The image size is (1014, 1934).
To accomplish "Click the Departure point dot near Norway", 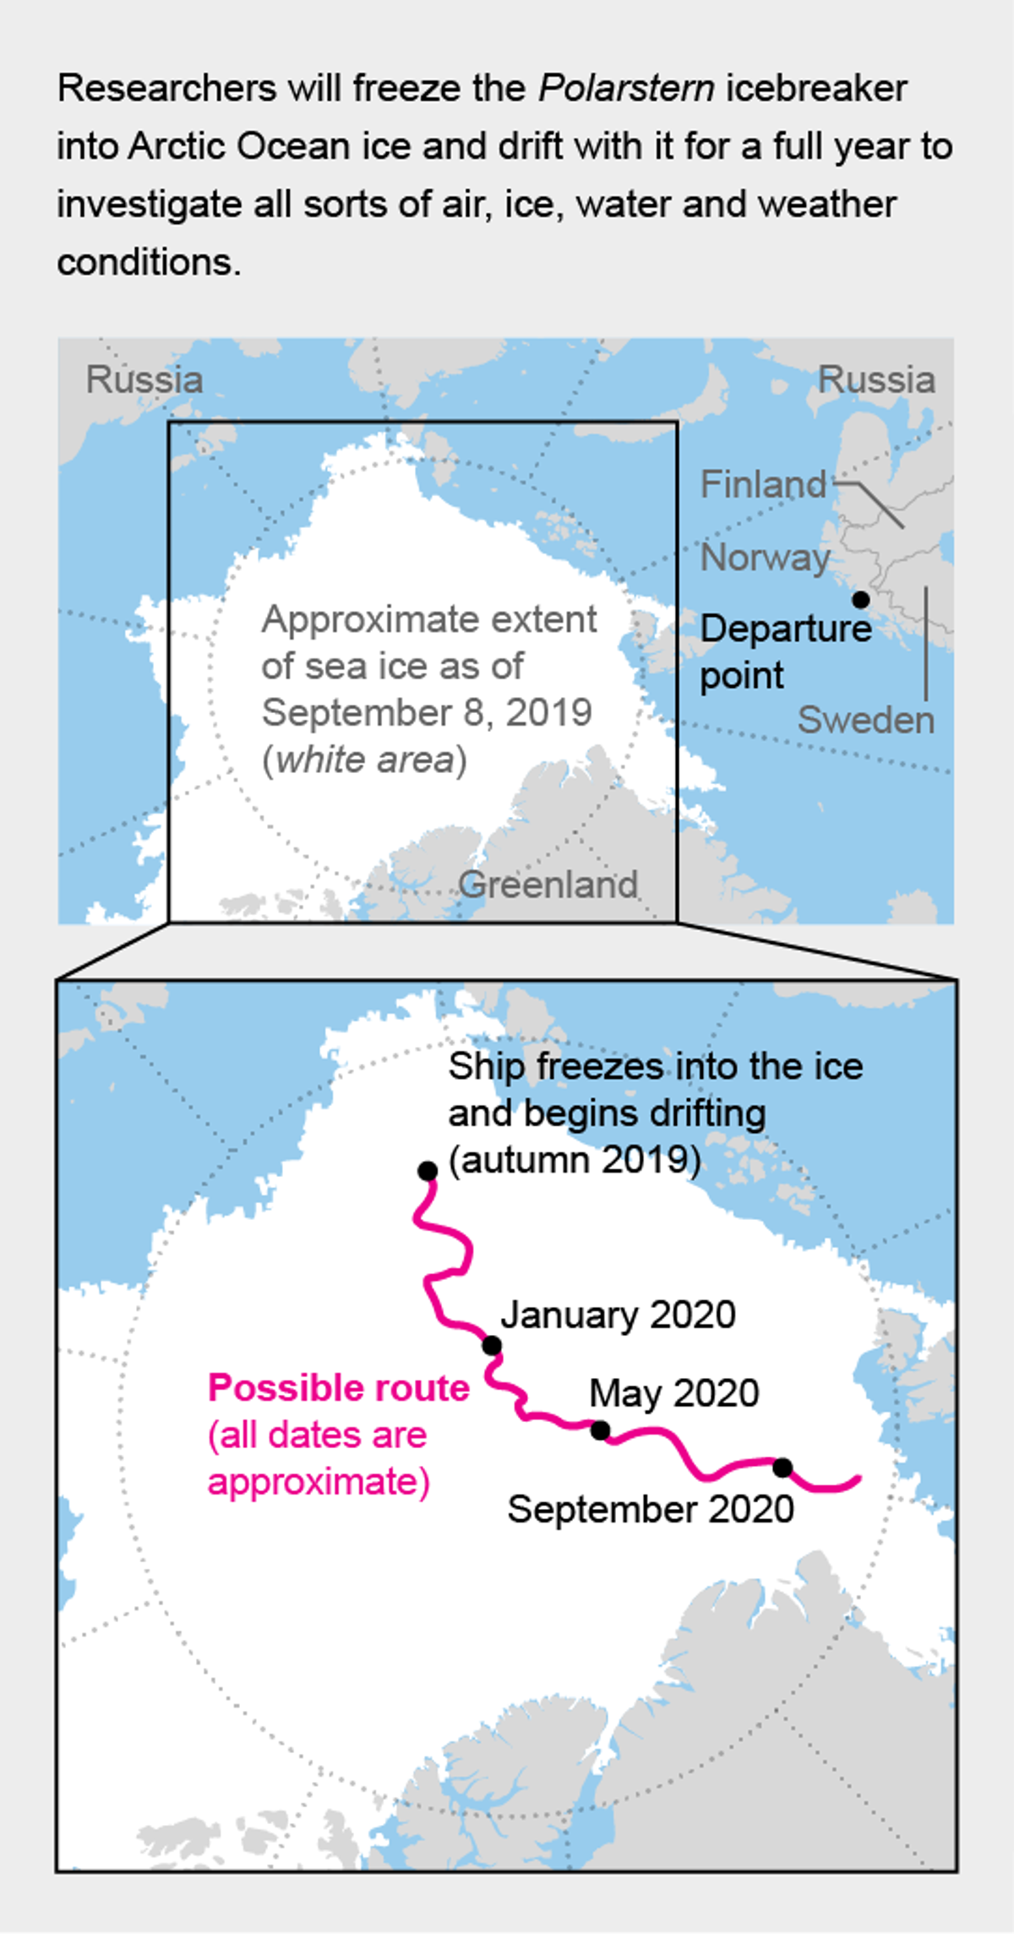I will (x=860, y=599).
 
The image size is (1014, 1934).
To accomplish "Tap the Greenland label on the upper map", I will (x=548, y=885).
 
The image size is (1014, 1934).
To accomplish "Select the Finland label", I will (x=763, y=484).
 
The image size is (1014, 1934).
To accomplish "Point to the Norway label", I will (x=766, y=558).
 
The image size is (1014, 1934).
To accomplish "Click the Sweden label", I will (x=866, y=721).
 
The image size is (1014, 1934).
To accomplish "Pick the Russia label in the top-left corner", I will (x=144, y=379).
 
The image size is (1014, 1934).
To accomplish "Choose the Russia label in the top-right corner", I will (x=876, y=379).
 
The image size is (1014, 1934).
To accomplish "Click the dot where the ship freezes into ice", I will (x=428, y=1171).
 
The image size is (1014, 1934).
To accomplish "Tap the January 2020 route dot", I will (x=492, y=1345).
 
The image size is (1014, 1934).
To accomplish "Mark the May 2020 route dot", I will (x=600, y=1430).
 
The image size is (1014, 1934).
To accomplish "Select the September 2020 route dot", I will (x=782, y=1468).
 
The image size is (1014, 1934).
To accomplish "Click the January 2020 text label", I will (x=618, y=1315).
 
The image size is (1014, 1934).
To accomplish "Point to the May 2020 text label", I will (x=673, y=1393).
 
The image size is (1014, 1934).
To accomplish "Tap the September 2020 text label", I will (x=651, y=1509).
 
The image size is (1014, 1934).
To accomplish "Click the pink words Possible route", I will (x=338, y=1388).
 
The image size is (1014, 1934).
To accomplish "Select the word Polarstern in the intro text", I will (x=626, y=88).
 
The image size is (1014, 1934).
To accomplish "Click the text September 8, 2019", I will (x=427, y=712).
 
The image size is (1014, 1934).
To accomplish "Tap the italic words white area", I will (x=365, y=760).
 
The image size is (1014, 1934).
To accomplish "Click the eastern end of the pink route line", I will (x=859, y=1478).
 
